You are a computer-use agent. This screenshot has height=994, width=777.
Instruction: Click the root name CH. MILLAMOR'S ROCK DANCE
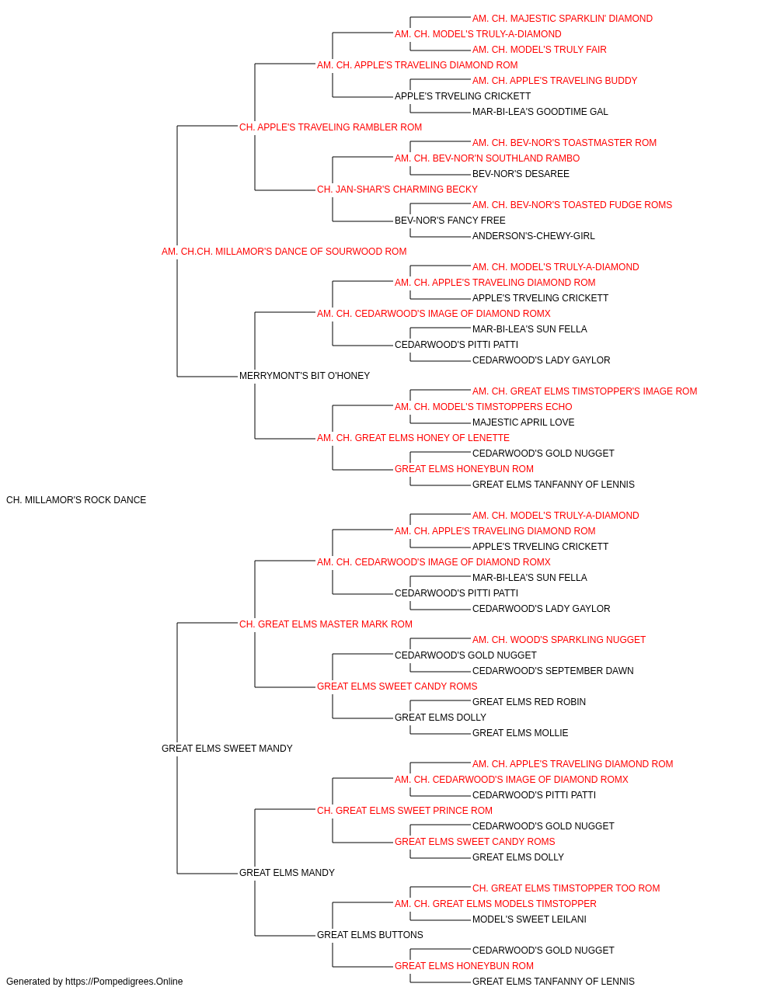(76, 500)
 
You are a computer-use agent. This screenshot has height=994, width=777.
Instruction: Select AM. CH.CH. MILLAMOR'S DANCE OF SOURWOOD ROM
(284, 252)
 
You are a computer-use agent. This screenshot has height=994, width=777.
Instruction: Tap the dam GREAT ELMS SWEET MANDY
(227, 749)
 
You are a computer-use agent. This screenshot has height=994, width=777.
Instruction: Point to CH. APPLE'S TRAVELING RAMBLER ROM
(330, 127)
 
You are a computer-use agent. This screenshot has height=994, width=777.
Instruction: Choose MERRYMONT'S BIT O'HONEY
(305, 376)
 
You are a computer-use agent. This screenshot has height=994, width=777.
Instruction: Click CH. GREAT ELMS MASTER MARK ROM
(326, 624)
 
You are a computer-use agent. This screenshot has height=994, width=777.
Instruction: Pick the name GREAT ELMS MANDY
(287, 873)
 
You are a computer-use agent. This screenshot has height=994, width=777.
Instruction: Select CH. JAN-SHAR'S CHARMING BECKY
(397, 189)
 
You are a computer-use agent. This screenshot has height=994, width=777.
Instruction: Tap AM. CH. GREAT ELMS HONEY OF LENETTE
(413, 438)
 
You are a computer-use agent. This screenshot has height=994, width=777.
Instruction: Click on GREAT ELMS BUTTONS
(370, 934)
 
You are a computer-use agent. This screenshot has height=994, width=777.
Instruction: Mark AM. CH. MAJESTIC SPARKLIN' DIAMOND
(563, 19)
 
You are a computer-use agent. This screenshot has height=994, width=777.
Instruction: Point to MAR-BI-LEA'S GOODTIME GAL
(540, 112)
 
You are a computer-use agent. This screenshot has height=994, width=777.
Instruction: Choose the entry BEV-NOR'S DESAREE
(521, 174)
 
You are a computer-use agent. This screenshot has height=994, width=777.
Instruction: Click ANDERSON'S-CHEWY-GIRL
(534, 236)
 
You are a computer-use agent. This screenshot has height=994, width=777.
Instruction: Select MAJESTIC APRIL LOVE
(523, 422)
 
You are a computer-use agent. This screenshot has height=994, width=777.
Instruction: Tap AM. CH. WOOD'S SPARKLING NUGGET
(559, 639)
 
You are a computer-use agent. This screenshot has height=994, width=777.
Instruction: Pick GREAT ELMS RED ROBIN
(529, 702)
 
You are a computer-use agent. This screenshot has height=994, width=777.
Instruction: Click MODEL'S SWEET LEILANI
(529, 919)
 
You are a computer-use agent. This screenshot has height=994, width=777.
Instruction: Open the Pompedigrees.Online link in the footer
(124, 982)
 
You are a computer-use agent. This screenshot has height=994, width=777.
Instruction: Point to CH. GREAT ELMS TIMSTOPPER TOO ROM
(566, 888)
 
